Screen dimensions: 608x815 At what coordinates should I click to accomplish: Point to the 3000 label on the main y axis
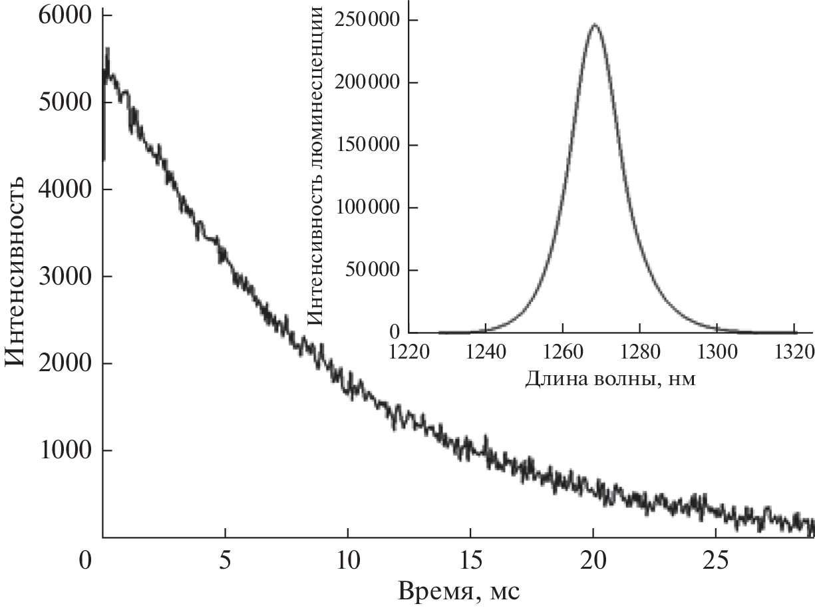click(65, 277)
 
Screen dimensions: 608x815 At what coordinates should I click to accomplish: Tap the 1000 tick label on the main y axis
click(65, 450)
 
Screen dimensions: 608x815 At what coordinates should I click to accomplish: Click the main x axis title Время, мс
click(458, 591)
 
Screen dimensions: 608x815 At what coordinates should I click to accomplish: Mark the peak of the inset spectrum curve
click(595, 25)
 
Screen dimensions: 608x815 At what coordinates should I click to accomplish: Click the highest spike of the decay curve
click(108, 49)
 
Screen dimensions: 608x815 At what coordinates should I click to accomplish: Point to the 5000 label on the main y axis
click(65, 103)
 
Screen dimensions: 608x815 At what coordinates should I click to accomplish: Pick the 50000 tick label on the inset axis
click(371, 270)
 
